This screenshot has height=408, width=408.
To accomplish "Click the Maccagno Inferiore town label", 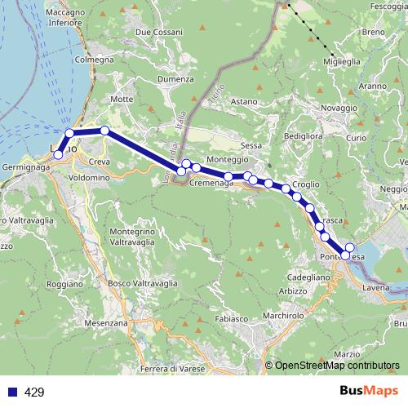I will (x=67, y=18).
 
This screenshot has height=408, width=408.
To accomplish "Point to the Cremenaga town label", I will (x=211, y=184).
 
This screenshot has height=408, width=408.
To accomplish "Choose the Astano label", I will (x=243, y=101).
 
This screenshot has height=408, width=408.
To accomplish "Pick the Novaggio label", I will (x=317, y=108).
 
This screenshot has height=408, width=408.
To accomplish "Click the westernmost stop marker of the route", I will (x=57, y=154).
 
